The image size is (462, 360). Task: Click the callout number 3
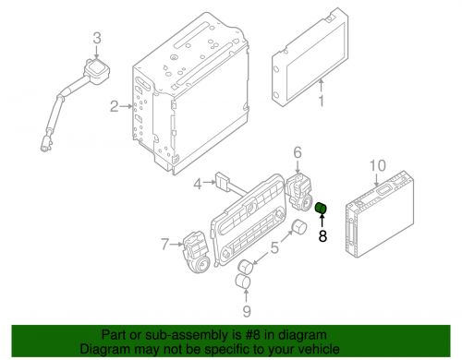(97, 39)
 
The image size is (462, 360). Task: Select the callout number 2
(115, 106)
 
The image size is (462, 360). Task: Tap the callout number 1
(322, 101)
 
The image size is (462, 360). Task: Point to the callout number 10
(378, 165)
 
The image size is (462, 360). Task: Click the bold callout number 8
(322, 236)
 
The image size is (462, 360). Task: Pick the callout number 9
(247, 311)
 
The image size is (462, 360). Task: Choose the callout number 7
(165, 245)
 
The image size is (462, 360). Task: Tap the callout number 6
(298, 152)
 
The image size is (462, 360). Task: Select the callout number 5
(274, 248)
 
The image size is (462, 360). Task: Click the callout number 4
(198, 184)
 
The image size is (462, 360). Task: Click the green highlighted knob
(321, 209)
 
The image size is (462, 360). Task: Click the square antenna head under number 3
(97, 70)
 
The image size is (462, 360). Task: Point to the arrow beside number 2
(126, 106)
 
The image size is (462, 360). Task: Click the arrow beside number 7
(176, 245)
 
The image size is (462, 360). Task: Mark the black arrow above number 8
(322, 221)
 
